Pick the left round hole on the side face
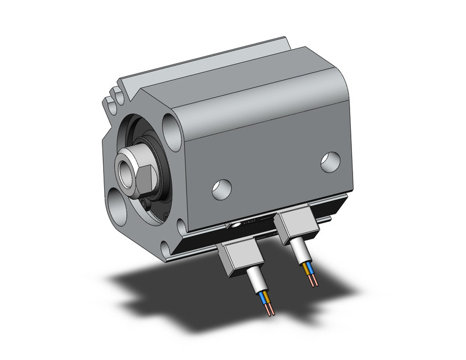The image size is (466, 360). pos(221,188)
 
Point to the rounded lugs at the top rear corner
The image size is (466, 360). pos(112,101)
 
